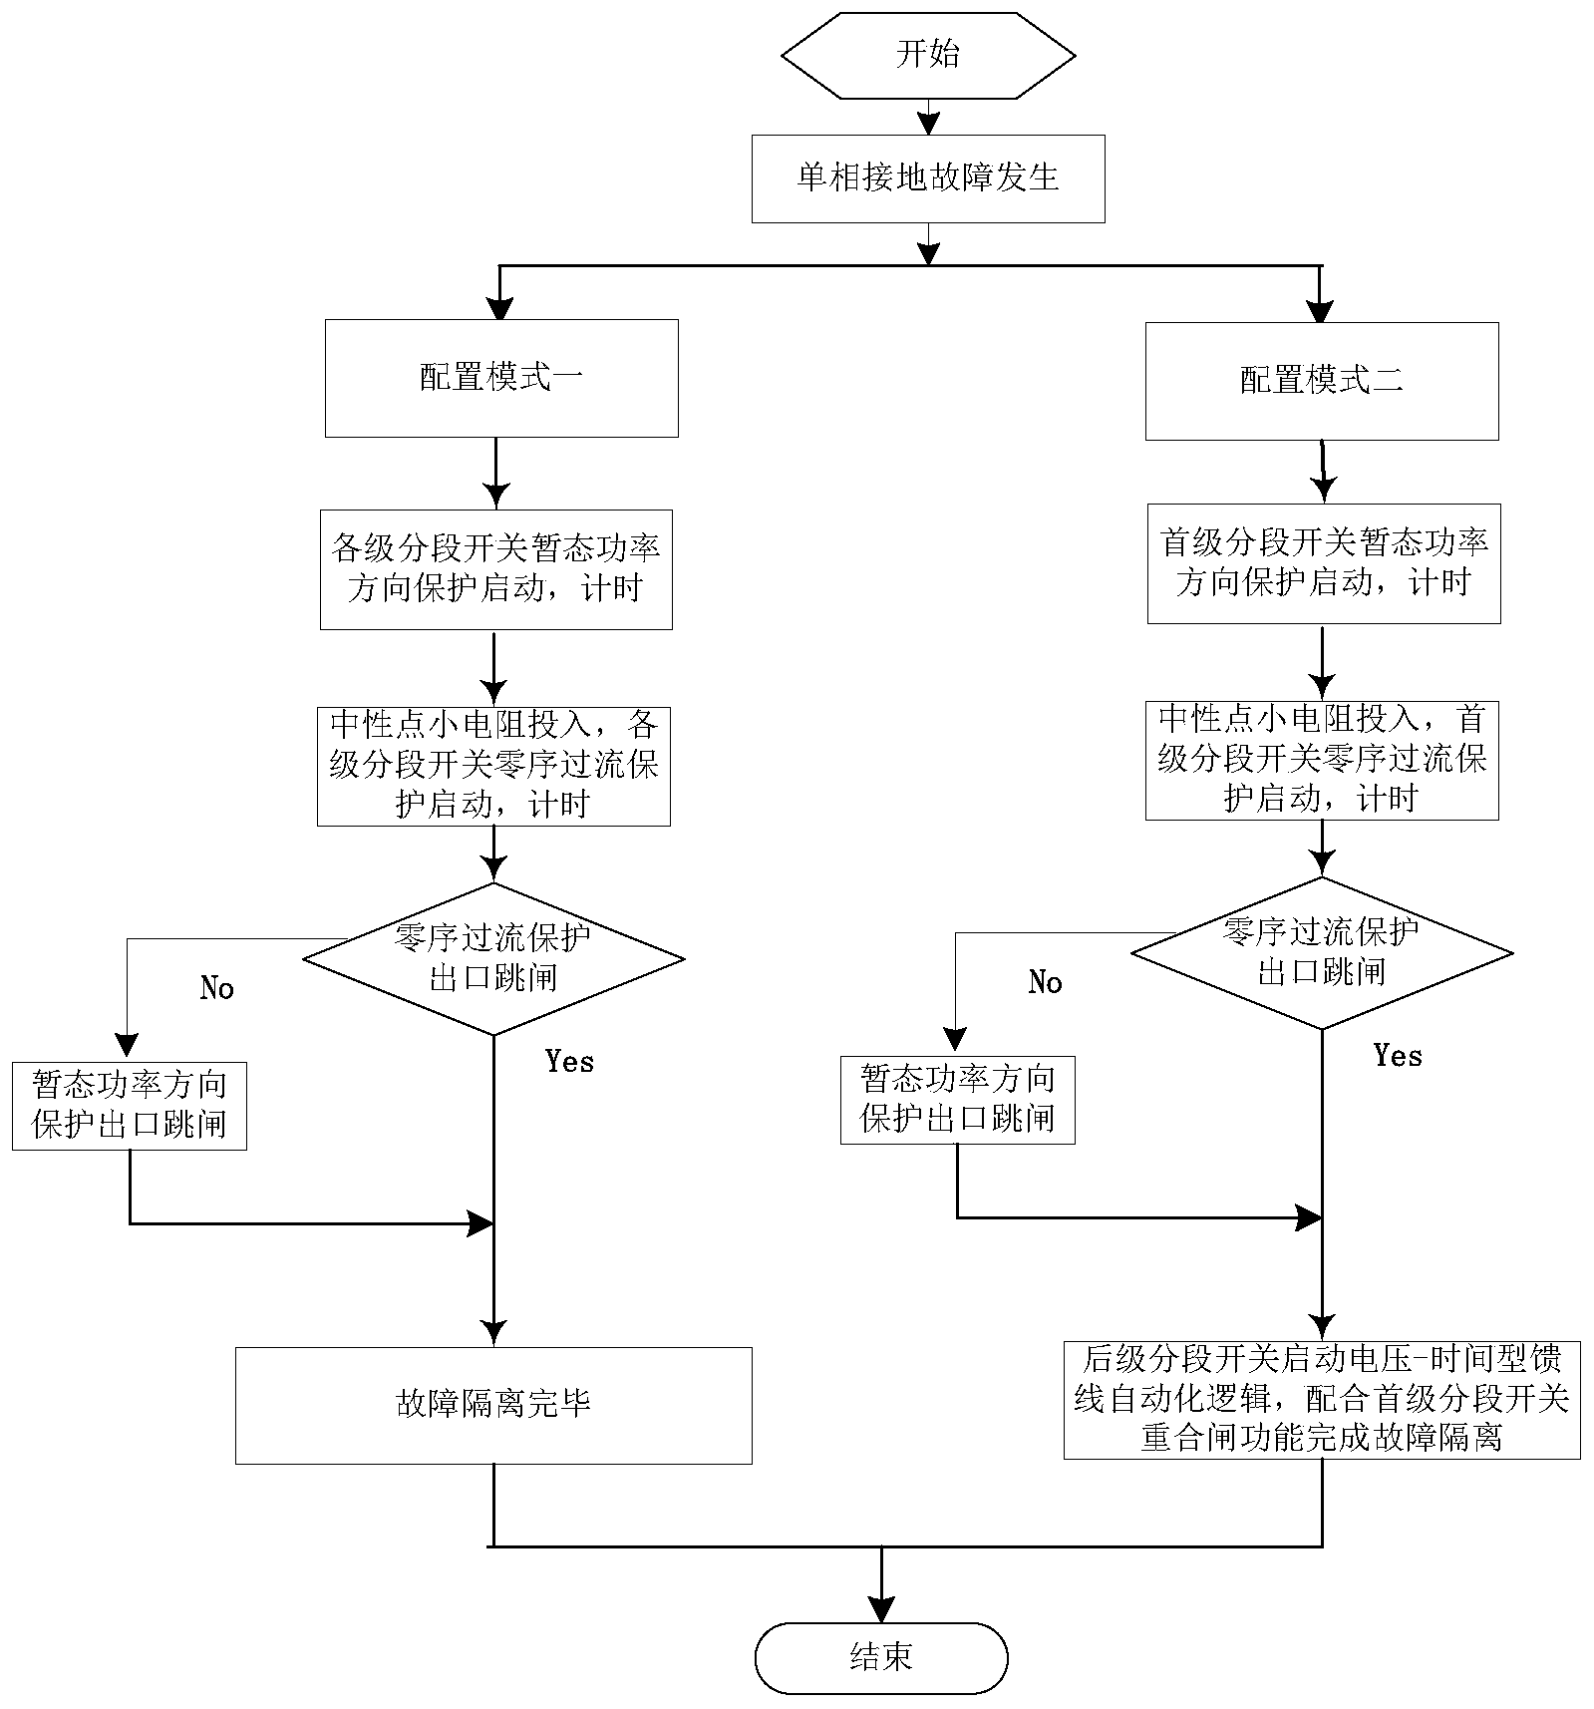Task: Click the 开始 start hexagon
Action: (x=928, y=55)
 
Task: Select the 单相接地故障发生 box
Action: (x=928, y=178)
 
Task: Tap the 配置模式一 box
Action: (x=501, y=378)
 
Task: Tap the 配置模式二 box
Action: (x=1321, y=381)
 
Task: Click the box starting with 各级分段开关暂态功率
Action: (x=495, y=569)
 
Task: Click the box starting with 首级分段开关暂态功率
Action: (x=1323, y=563)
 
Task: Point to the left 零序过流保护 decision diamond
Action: (x=493, y=958)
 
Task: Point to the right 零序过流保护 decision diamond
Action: (x=1322, y=952)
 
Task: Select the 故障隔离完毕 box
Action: (x=493, y=1405)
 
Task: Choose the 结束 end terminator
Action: (x=881, y=1658)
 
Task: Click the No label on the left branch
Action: (x=216, y=988)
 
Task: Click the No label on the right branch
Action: (x=1045, y=983)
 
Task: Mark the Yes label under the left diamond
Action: (x=569, y=1062)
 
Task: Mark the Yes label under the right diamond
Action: (x=1398, y=1056)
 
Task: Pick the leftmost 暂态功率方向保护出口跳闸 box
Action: (x=130, y=1106)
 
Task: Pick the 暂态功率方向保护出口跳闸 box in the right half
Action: (x=957, y=1100)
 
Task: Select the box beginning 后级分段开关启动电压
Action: (x=1322, y=1399)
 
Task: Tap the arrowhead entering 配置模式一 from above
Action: (x=498, y=309)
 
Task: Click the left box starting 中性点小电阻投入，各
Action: (x=493, y=766)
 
